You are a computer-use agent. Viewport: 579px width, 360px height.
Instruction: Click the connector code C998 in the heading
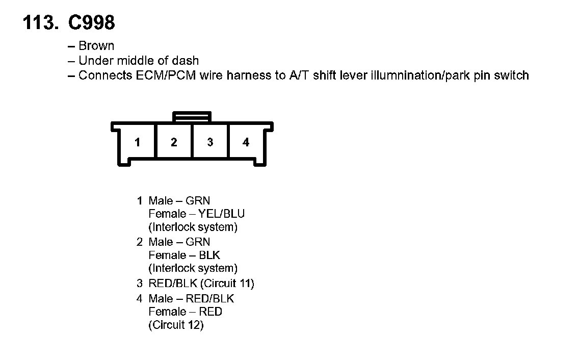[x=91, y=22]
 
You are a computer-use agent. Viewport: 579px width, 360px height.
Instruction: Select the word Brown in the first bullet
[x=96, y=46]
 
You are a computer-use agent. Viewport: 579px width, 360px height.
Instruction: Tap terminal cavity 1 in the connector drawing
[x=137, y=142]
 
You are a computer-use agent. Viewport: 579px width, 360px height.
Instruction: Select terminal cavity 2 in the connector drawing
[x=174, y=142]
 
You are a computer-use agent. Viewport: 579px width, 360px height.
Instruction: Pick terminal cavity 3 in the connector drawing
[x=210, y=142]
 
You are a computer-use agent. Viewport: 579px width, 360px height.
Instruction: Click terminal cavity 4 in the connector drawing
[x=246, y=142]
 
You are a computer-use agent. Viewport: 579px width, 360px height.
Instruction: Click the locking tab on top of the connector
[x=192, y=117]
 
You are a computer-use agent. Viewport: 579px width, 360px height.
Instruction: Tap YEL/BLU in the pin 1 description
[x=225, y=214]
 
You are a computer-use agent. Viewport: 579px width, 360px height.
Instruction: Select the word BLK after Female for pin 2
[x=209, y=255]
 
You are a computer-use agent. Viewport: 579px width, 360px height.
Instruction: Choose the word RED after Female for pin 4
[x=211, y=311]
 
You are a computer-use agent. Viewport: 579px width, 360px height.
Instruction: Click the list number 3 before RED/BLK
[x=139, y=283]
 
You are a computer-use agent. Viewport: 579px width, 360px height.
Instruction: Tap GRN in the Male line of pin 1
[x=198, y=200]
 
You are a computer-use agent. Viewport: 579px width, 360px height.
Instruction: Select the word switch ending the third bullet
[x=512, y=76]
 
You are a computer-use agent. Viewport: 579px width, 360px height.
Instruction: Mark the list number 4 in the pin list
[x=139, y=298]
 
